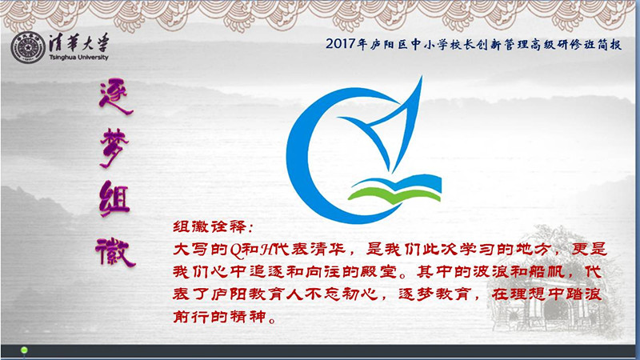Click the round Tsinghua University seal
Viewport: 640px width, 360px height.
[x=28, y=47]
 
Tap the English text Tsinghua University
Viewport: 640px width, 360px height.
[x=78, y=58]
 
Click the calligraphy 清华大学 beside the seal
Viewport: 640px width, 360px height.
[x=79, y=42]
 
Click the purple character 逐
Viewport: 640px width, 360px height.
[x=115, y=98]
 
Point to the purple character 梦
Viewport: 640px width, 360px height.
[x=114, y=148]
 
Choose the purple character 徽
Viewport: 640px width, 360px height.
[x=115, y=251]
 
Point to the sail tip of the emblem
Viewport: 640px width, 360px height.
[x=422, y=77]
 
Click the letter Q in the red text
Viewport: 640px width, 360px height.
[x=236, y=250]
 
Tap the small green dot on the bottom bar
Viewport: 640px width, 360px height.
[x=24, y=350]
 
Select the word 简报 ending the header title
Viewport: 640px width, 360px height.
[x=610, y=44]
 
